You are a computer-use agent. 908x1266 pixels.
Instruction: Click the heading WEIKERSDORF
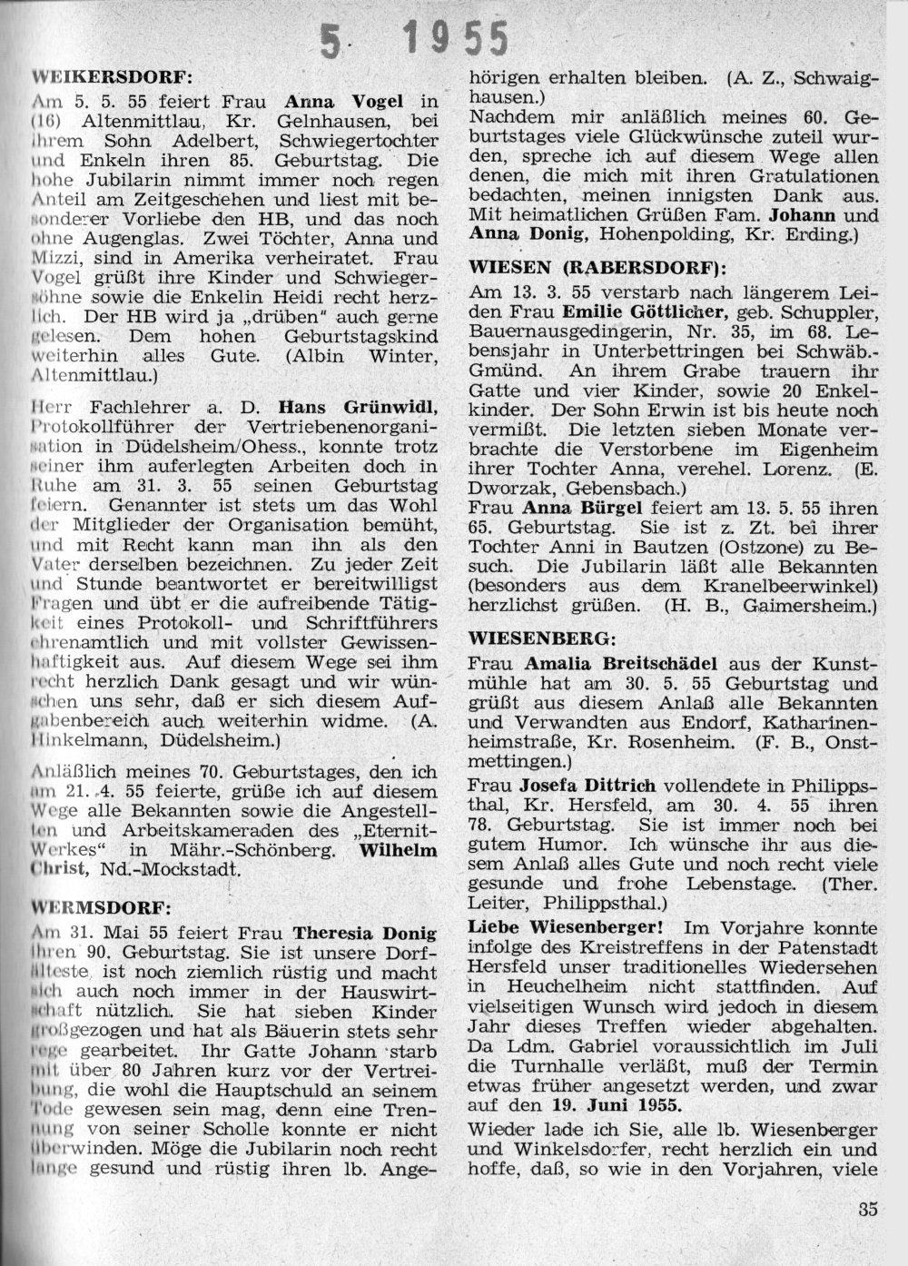[113, 75]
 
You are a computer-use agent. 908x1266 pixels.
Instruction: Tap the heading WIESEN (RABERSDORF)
[591, 268]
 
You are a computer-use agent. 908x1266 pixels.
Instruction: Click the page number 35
[867, 1209]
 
